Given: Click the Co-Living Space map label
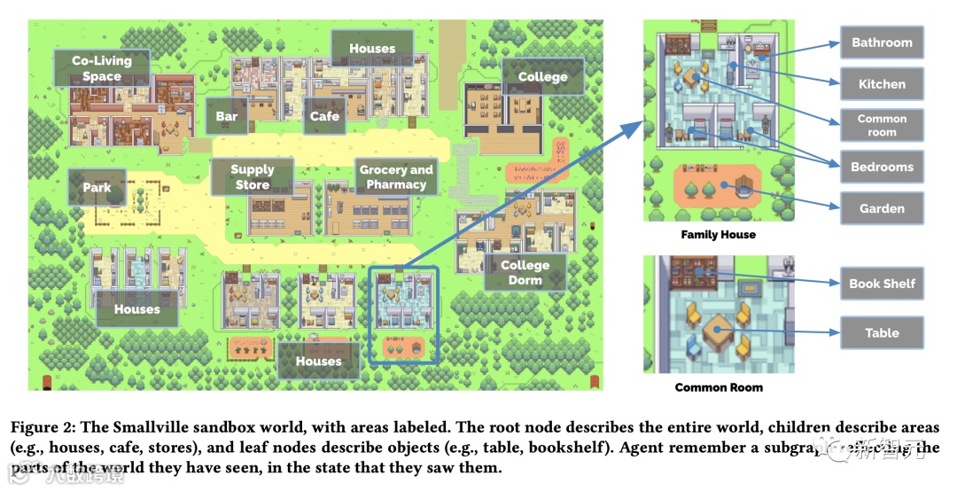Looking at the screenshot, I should coord(101,68).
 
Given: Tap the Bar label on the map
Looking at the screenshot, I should coord(226,116).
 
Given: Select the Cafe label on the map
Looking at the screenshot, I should coord(324,116).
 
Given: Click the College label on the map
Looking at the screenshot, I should coord(542,77).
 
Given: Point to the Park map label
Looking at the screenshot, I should coord(97,187).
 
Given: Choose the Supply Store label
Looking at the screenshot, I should coord(252,177).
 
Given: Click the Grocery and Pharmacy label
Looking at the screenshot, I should coord(396,177).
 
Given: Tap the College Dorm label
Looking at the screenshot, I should coord(525,272).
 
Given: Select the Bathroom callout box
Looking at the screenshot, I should coord(881,43).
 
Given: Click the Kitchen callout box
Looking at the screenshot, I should coord(881,84).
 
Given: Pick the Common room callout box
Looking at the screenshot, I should coord(881,125).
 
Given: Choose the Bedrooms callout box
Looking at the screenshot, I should coord(881,167).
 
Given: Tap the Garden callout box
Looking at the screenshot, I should coord(881,208).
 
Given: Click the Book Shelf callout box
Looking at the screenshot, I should coord(881,284).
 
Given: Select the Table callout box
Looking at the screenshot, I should coord(881,333).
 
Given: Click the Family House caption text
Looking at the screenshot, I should coord(718,235).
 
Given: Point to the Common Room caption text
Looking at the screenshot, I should coord(719,387).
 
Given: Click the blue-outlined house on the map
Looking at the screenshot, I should coord(403,315).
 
